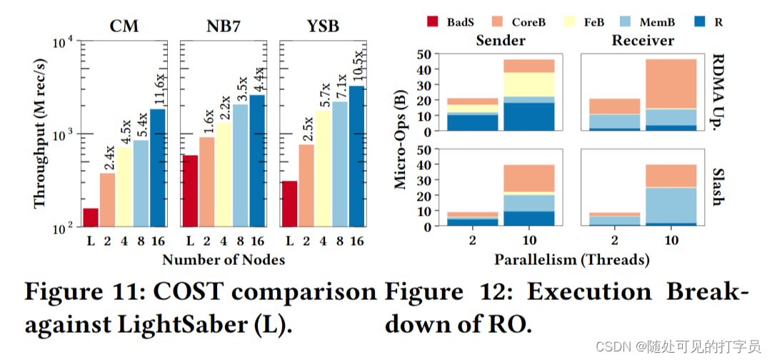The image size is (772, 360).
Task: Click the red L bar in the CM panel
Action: pyautogui.click(x=91, y=218)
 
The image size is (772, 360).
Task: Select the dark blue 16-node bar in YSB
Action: pyautogui.click(x=356, y=157)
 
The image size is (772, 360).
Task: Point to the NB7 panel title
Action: pyautogui.click(x=224, y=27)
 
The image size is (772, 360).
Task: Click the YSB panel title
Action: pyautogui.click(x=322, y=27)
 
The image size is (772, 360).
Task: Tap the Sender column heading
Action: pyautogui.click(x=501, y=40)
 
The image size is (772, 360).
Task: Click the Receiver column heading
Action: pyautogui.click(x=643, y=40)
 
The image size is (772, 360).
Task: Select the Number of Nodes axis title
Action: pyautogui.click(x=224, y=259)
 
